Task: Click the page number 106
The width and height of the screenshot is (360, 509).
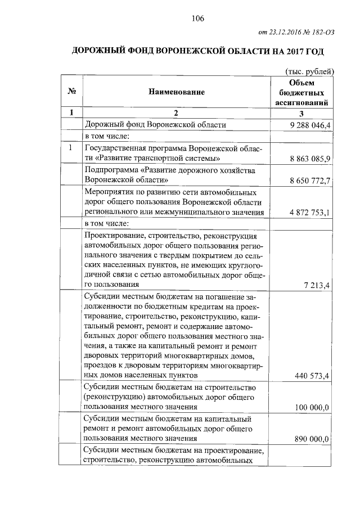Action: pos(197,18)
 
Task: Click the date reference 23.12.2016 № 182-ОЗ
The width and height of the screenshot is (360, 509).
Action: pos(298,32)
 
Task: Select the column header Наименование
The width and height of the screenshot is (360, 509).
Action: pos(177,92)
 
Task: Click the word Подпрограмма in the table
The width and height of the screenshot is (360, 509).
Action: pos(110,170)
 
